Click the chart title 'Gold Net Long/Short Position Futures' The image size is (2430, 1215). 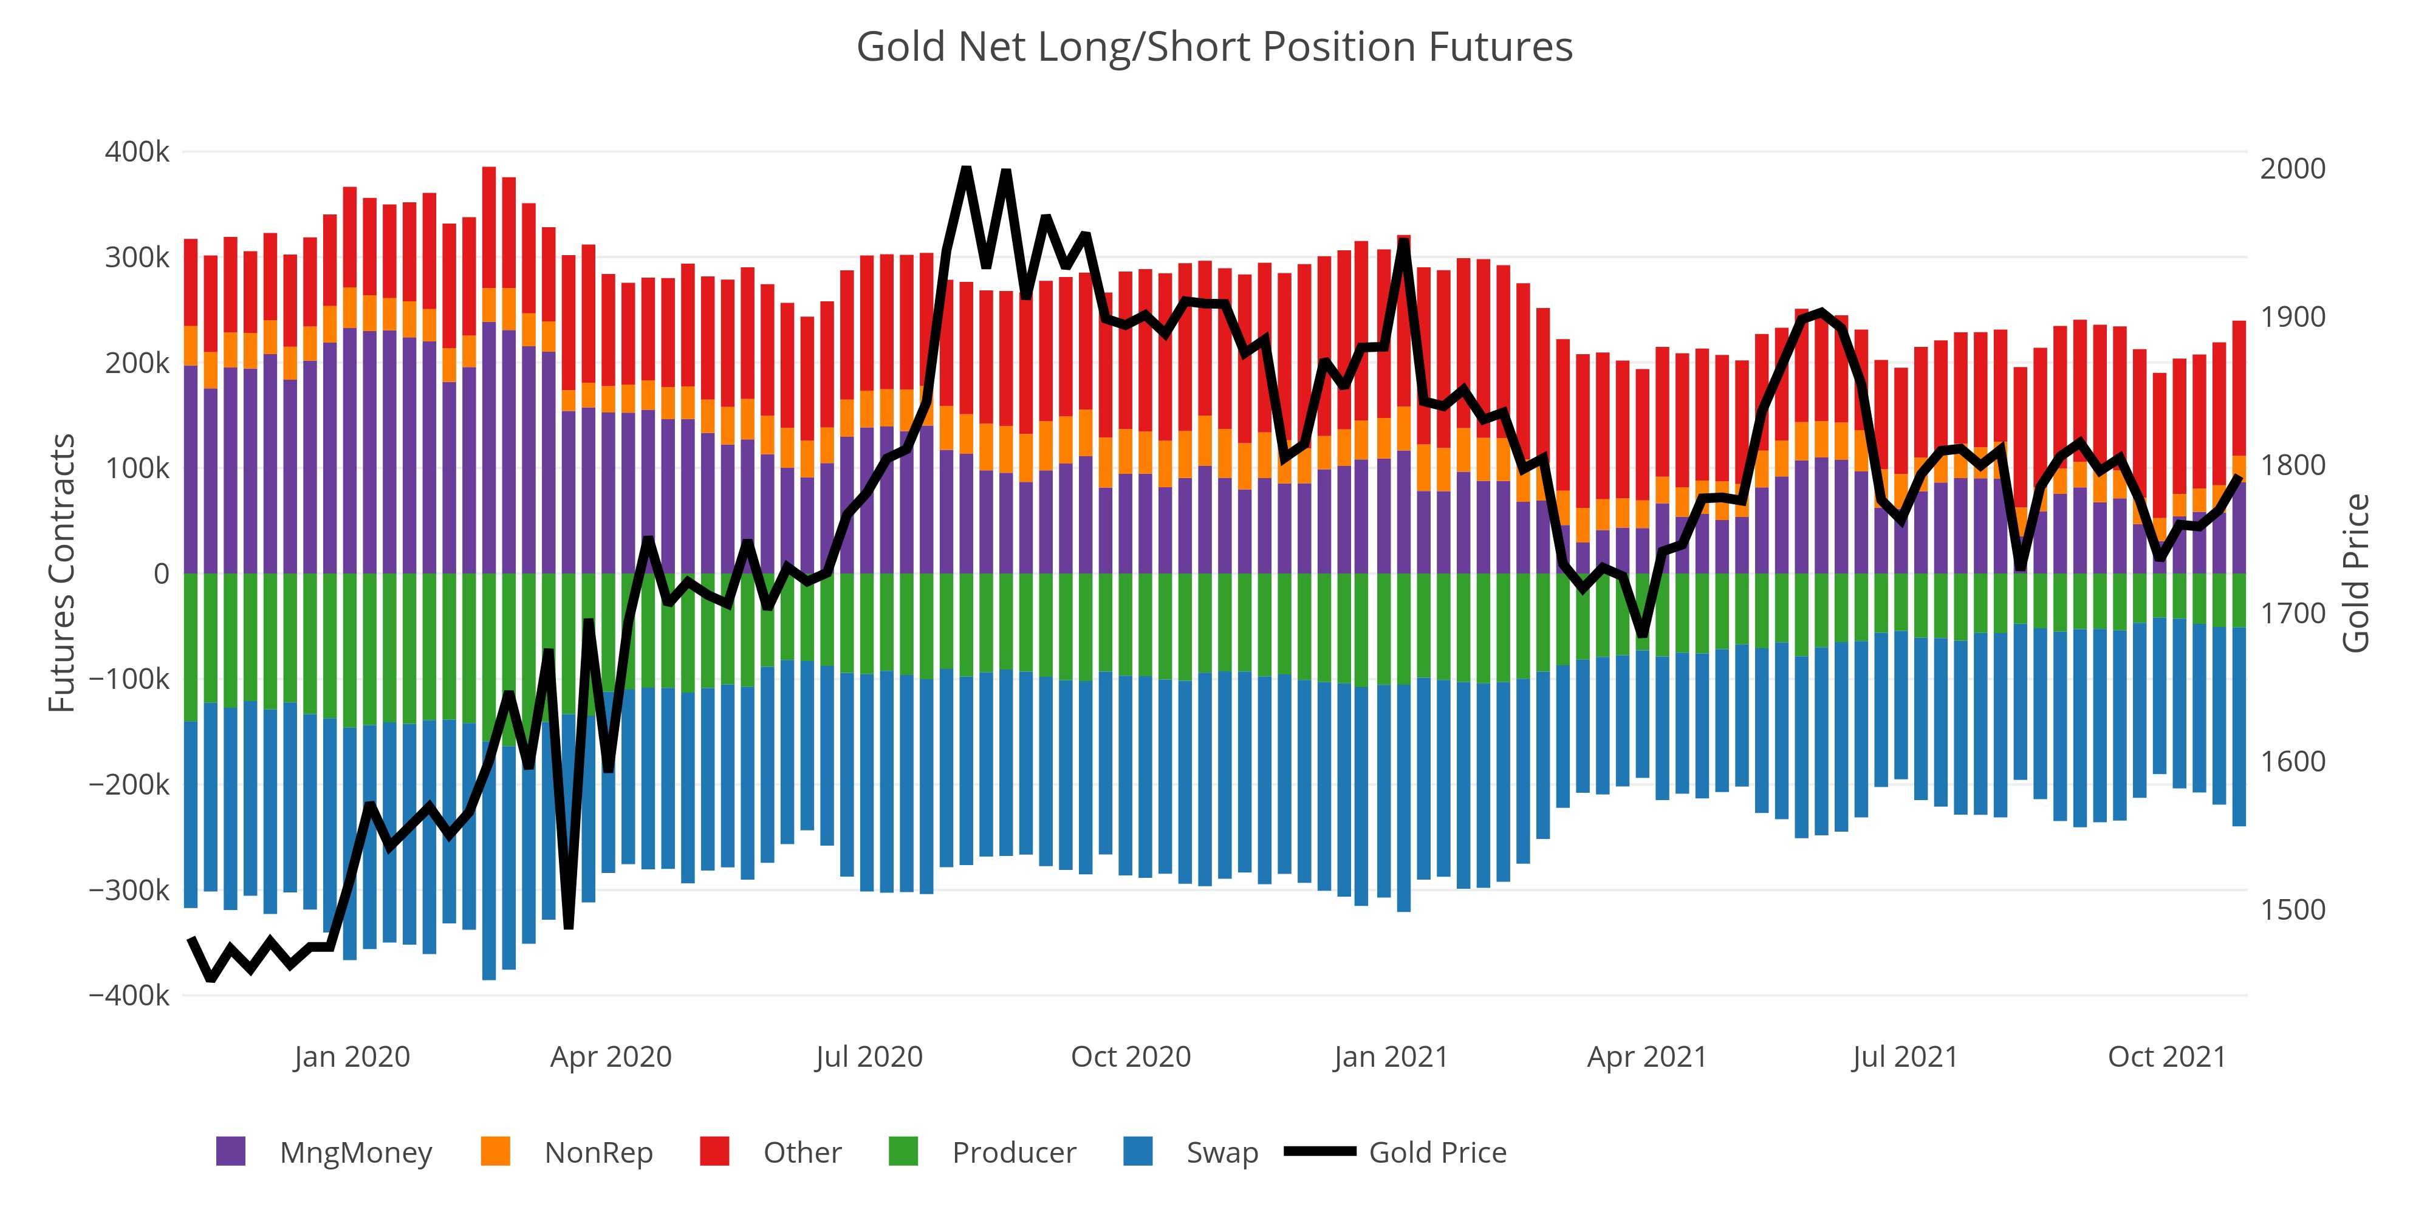click(x=1214, y=47)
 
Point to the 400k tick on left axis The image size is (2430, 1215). click(x=138, y=152)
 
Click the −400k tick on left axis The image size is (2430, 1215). click(x=130, y=995)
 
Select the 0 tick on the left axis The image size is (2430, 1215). click(x=162, y=573)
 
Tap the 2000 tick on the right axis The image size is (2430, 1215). click(x=2292, y=169)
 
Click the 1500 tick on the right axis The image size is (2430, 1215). click(x=2292, y=910)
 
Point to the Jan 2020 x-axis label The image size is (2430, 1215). click(x=352, y=1056)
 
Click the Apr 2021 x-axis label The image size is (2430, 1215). click(x=1647, y=1056)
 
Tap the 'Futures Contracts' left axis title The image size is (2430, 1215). click(x=62, y=573)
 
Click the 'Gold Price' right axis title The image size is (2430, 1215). click(x=2355, y=573)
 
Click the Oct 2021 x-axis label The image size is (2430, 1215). click(x=2167, y=1056)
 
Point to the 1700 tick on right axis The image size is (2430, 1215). click(x=2292, y=614)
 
